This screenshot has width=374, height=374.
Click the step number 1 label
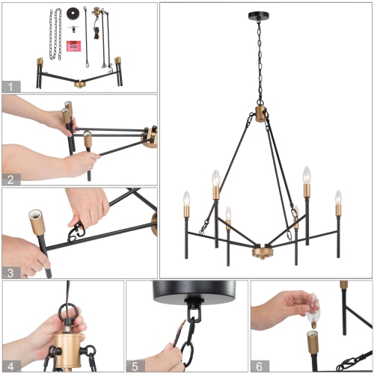(10, 86)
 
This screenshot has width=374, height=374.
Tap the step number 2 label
(10, 179)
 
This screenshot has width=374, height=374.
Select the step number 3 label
(10, 272)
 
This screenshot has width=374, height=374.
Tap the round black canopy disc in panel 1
(73, 12)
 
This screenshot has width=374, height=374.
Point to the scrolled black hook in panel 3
(77, 233)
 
